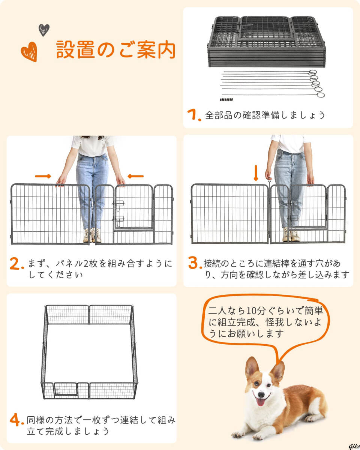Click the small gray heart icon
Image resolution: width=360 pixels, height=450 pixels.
point(44,30)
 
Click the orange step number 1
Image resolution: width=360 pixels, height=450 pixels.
point(194,115)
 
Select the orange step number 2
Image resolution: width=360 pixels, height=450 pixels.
point(17,264)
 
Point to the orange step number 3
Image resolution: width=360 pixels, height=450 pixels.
point(195,262)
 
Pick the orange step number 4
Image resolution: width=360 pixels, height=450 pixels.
point(17,420)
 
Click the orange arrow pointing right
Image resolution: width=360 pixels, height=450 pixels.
point(43,176)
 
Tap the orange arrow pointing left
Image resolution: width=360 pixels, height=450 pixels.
point(135,176)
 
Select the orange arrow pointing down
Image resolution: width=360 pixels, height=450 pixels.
point(256,173)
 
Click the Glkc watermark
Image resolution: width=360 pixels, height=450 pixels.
point(354,446)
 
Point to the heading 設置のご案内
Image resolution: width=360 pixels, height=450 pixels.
point(115,50)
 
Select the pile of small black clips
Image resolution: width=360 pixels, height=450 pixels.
point(226,99)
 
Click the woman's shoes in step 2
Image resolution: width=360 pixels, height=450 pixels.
point(92,235)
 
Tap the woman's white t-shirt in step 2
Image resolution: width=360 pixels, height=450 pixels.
point(93,146)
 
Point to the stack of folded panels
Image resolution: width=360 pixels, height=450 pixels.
point(267,42)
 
